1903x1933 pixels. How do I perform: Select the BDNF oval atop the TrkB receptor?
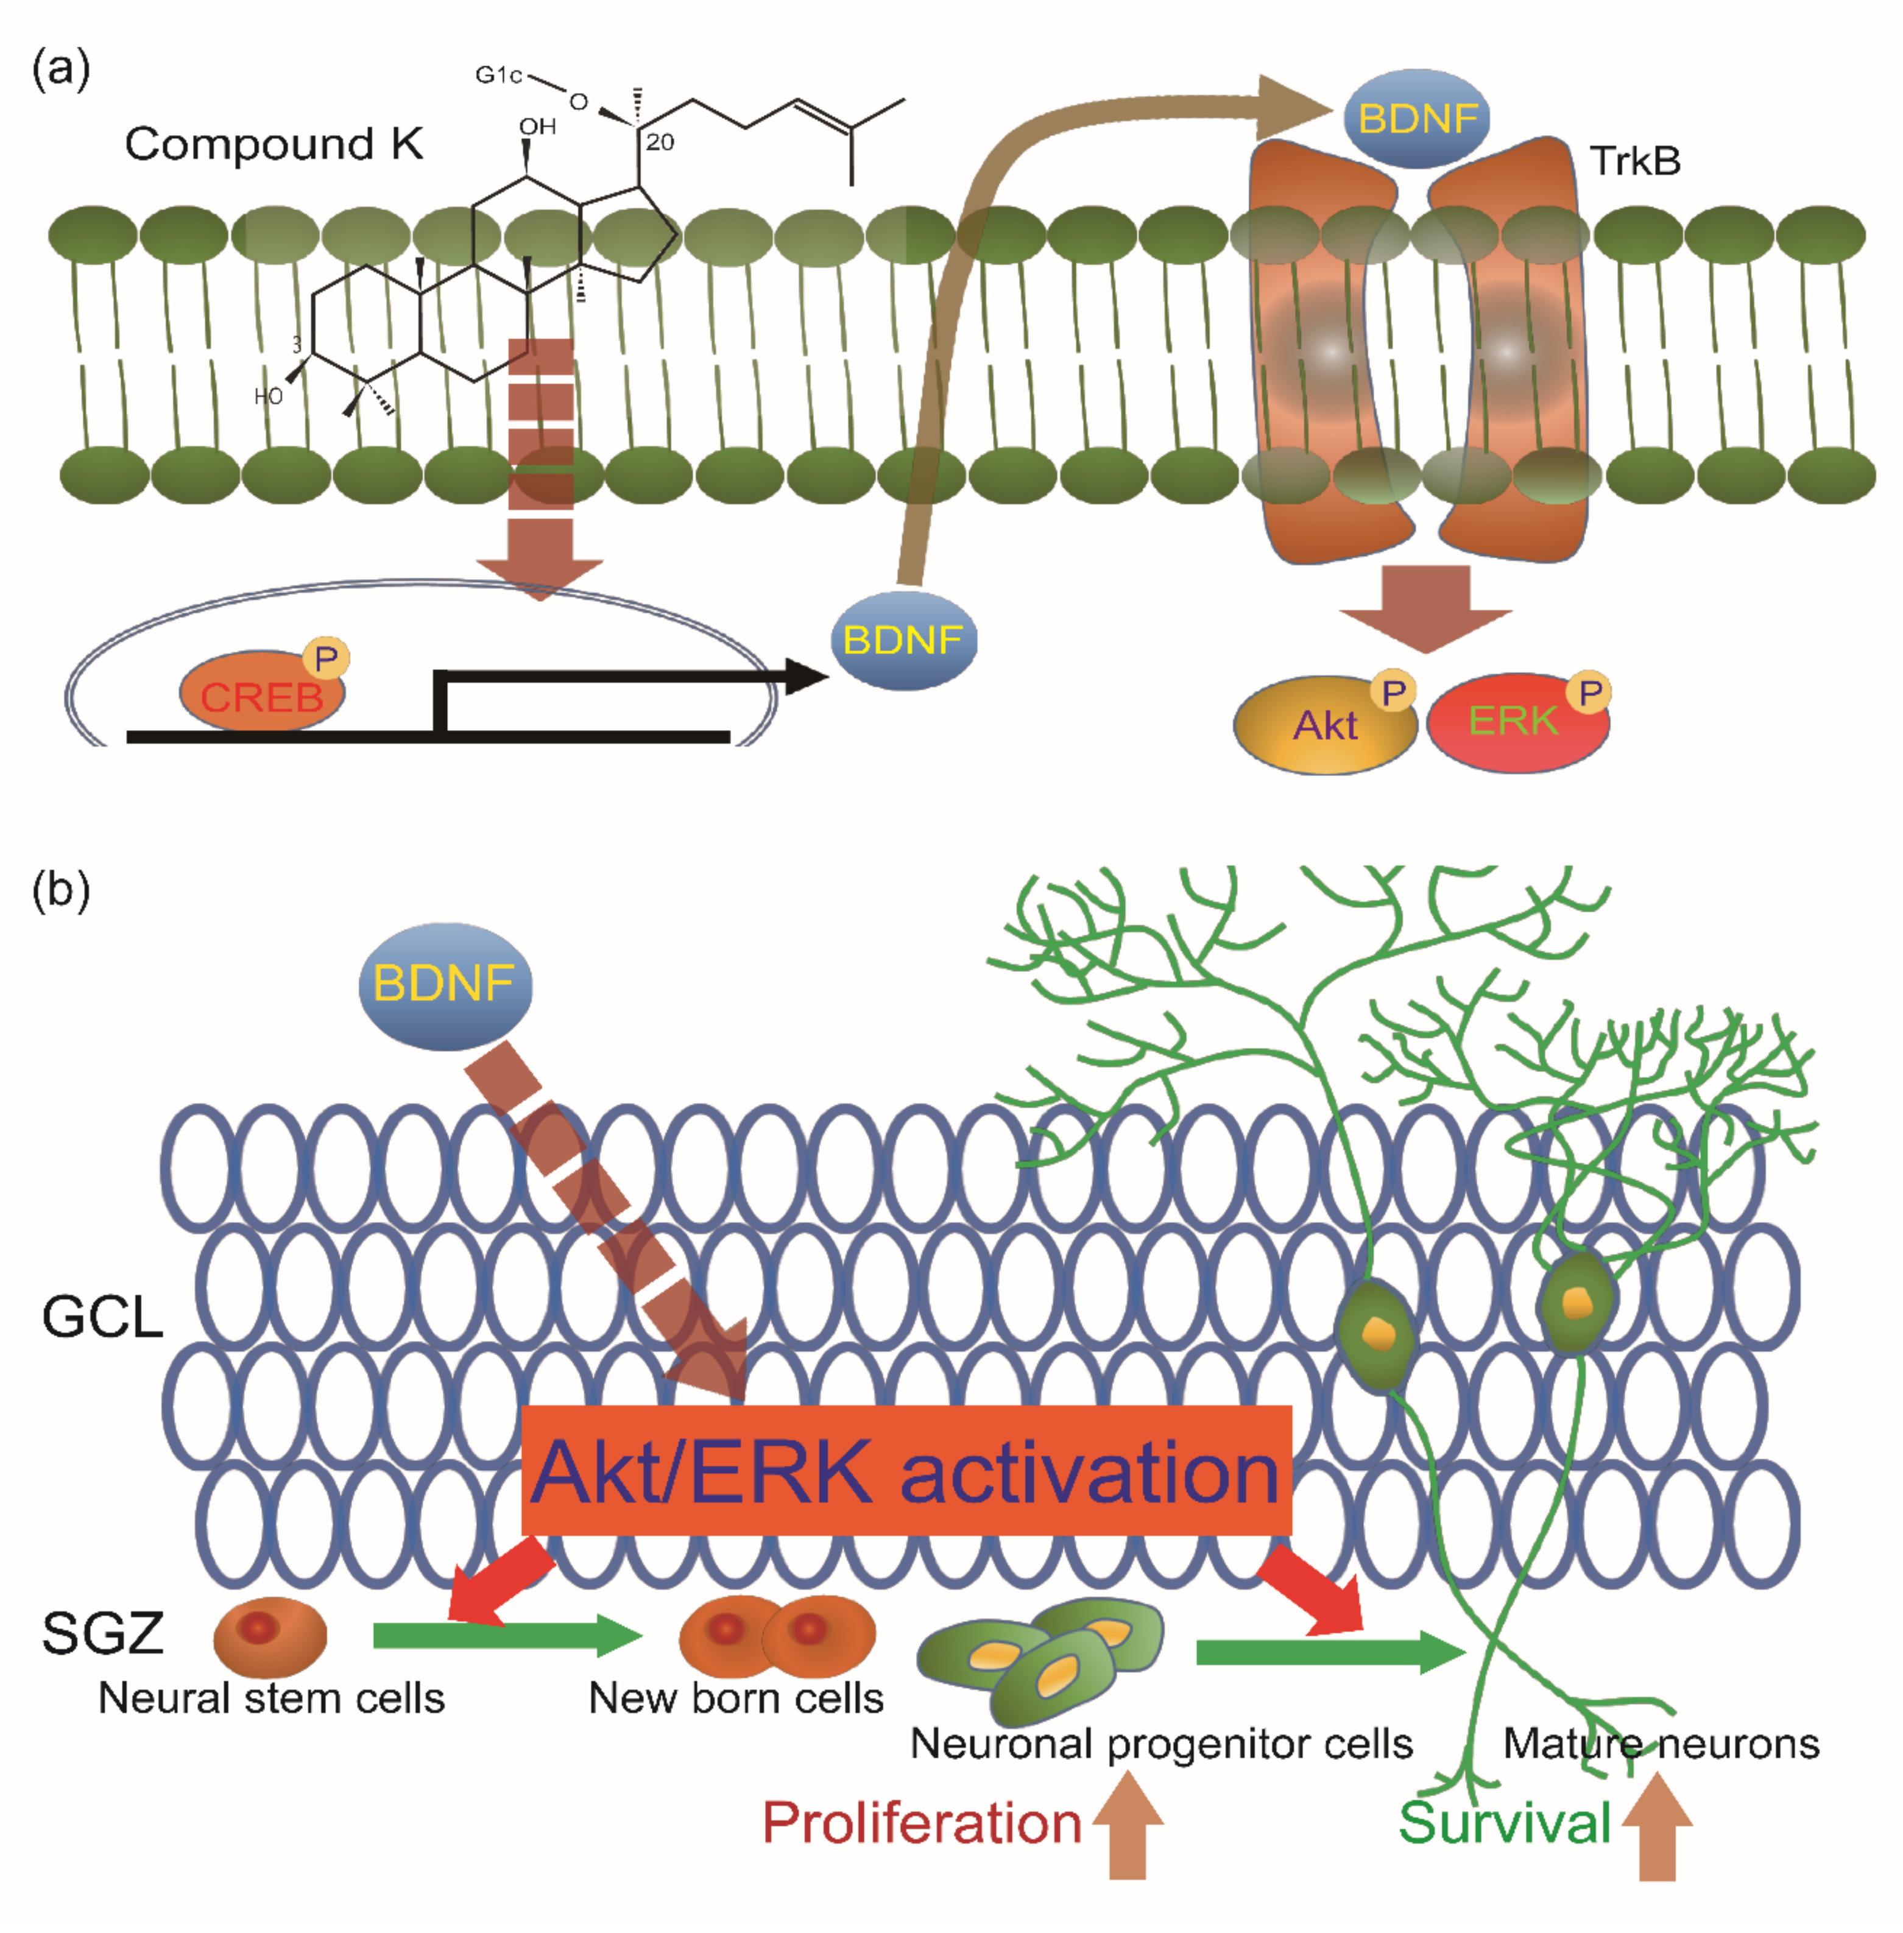(x=1418, y=118)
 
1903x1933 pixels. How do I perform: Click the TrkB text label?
(x=1635, y=161)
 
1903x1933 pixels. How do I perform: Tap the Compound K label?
(x=273, y=144)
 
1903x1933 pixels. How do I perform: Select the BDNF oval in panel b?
(x=445, y=985)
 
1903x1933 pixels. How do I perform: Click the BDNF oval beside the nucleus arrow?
(x=903, y=639)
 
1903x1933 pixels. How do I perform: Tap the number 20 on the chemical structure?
(x=660, y=142)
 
